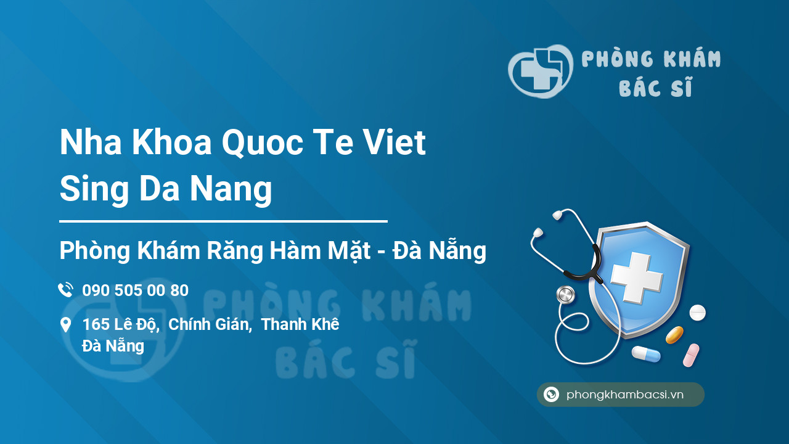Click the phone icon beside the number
click(x=65, y=290)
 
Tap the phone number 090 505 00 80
click(x=135, y=290)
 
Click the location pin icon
click(x=65, y=324)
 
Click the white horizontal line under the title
click(x=223, y=221)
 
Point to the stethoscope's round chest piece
click(x=565, y=295)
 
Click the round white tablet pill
click(x=697, y=313)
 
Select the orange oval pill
click(x=674, y=335)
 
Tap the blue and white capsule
click(x=645, y=354)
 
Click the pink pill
click(x=691, y=355)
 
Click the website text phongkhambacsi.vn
click(x=625, y=395)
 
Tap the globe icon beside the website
click(x=552, y=395)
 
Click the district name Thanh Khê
click(x=300, y=324)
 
